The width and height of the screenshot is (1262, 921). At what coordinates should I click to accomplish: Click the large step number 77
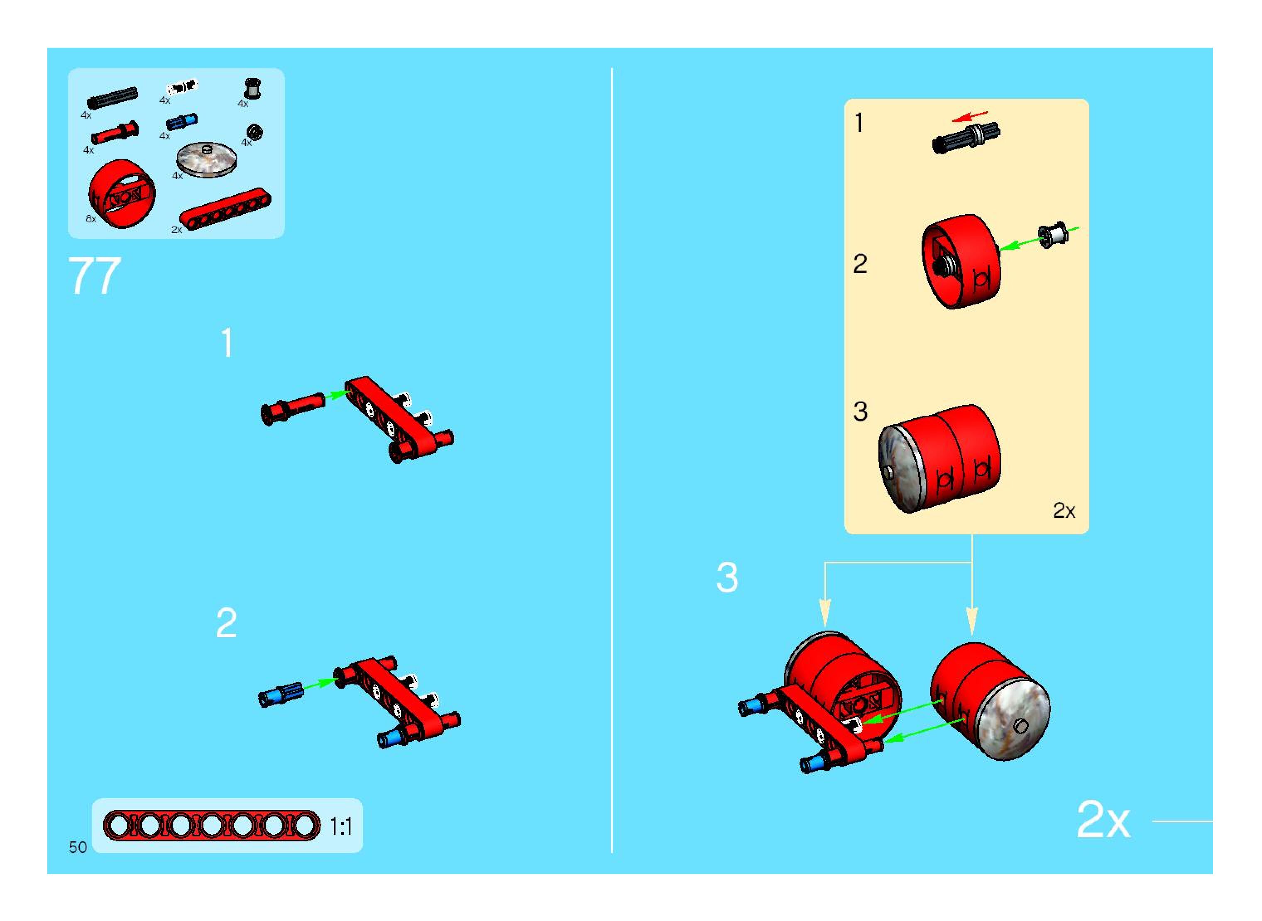[94, 275]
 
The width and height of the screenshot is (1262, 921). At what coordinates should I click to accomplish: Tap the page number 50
[78, 848]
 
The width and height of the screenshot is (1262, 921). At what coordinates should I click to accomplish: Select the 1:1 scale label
[341, 826]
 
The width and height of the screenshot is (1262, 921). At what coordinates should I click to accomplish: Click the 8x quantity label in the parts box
[91, 219]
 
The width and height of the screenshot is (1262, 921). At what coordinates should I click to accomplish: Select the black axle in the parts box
[113, 98]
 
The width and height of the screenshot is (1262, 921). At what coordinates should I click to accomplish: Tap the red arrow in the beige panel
[970, 116]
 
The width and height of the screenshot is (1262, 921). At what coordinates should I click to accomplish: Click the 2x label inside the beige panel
[1064, 510]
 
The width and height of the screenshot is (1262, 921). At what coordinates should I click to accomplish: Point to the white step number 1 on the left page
[227, 342]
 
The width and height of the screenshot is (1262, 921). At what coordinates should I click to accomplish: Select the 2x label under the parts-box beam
[176, 230]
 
